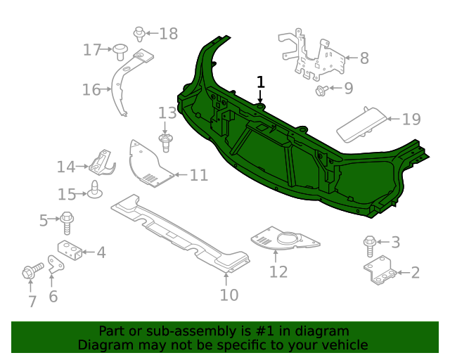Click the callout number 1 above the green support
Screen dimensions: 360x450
261,82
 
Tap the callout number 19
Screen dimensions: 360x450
411,120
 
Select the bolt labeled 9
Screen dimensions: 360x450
321,89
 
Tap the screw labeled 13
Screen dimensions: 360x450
166,143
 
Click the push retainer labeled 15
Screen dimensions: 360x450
94,188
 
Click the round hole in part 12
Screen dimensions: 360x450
286,242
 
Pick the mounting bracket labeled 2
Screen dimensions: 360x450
380,272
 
